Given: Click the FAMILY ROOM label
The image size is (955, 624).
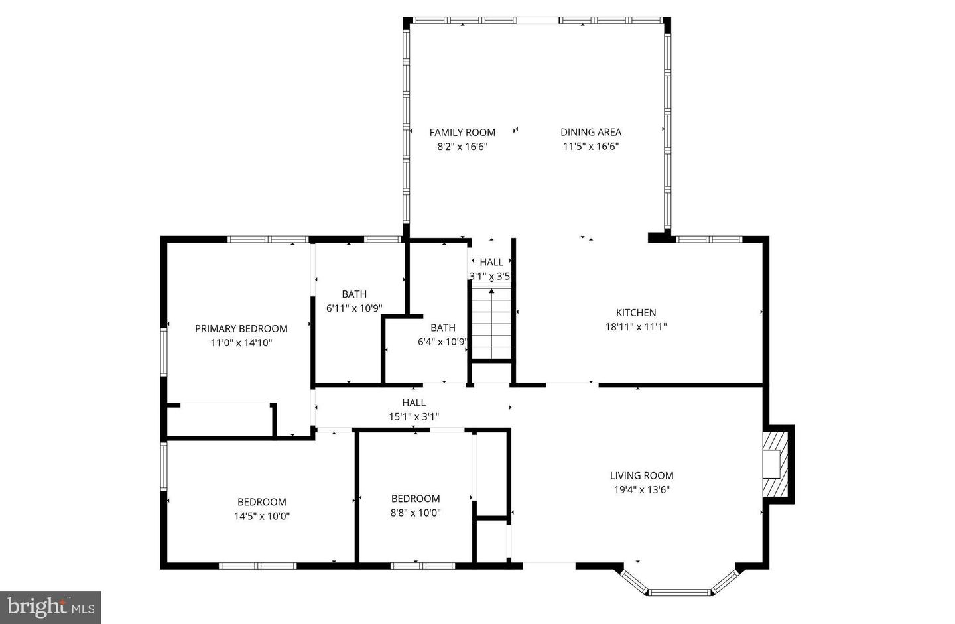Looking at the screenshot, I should pos(462,132).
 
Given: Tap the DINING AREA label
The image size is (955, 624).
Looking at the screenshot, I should pos(590,132).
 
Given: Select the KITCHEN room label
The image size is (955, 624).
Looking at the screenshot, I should pos(635,312).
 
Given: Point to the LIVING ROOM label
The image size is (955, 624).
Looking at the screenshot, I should pos(641,475).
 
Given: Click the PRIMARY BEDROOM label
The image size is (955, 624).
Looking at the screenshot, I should pos(241,328).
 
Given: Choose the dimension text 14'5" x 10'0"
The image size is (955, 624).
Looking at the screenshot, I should pos(261,516).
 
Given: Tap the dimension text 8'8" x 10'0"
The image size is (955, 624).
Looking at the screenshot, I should pos(415,513).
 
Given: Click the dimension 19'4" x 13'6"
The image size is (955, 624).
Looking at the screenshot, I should pos(641,490).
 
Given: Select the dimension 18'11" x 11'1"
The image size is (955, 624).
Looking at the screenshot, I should pos(635,326).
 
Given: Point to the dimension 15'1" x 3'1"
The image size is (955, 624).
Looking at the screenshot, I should pos(413,416).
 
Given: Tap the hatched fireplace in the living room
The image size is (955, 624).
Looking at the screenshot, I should pos(774,464).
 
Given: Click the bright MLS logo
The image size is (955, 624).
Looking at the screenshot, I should pos(50,607).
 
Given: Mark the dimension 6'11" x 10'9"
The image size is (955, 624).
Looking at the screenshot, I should pos(354,308).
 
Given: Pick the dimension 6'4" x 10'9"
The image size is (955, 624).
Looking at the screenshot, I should pos(442,342).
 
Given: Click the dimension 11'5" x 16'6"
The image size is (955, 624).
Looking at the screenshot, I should pos(590,147).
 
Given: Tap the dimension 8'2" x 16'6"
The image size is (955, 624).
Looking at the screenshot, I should pos(462,147).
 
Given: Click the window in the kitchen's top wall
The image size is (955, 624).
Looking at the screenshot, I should pos(708,239).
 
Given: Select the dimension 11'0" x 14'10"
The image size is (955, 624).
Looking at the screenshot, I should pos(241,343).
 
